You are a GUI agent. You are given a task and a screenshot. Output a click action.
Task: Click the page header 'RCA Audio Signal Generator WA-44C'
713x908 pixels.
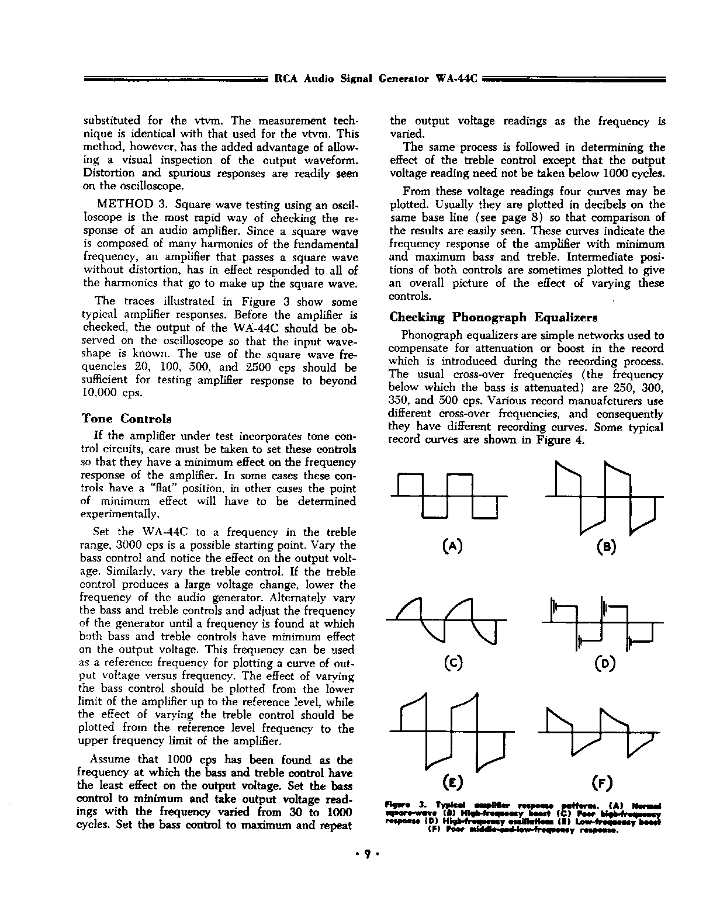376,79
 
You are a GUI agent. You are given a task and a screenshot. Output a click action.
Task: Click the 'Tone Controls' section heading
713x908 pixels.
126,419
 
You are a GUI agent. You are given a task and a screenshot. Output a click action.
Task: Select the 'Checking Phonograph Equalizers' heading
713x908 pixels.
493,317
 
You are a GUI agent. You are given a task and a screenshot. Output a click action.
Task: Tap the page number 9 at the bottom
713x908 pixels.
368,854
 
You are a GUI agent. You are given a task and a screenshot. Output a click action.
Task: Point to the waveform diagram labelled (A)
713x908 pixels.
448,496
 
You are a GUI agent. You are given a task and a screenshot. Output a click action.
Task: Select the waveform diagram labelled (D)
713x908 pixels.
604,623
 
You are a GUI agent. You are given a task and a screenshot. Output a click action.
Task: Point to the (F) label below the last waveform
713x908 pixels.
603,782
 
